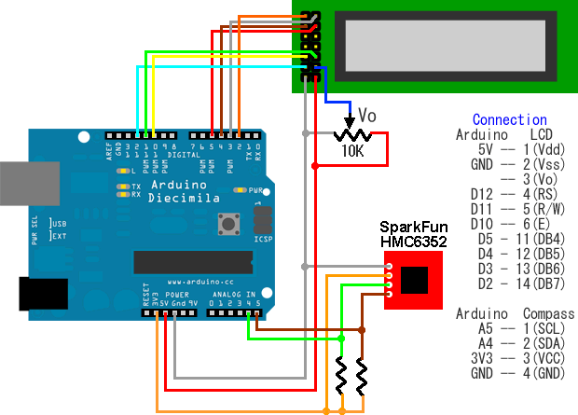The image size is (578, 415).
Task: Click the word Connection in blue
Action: (x=509, y=119)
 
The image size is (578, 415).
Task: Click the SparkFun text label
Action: (x=413, y=228)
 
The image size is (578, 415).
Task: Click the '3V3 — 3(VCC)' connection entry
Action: (x=514, y=359)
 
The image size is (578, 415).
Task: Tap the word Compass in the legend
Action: (x=549, y=313)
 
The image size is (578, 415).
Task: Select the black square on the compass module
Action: (x=415, y=279)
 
